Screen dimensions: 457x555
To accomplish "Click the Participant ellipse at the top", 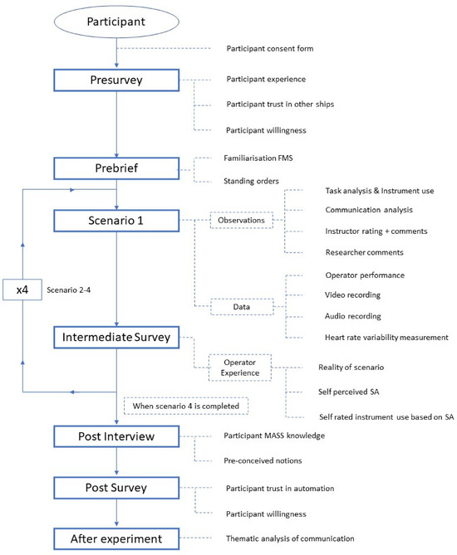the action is tap(116, 22).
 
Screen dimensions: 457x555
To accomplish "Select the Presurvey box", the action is tap(116, 80).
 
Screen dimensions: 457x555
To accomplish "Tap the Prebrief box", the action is tap(116, 168).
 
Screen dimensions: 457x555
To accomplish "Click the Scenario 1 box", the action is tap(116, 221).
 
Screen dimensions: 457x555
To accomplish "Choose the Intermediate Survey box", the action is tap(116, 338).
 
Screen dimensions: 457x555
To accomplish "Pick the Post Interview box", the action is tap(116, 436).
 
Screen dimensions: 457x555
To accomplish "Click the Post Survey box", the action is tap(116, 488).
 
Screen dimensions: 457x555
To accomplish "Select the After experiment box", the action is tap(116, 539).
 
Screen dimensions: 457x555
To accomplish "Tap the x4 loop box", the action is tap(22, 290).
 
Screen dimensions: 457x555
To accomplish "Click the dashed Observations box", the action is tap(242, 220).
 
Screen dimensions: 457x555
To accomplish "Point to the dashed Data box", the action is tap(242, 307).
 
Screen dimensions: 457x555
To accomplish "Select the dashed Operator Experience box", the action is tap(240, 368).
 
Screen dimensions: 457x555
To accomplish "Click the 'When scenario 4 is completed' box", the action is tap(186, 406).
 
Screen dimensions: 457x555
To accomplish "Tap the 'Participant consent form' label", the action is tap(270, 48).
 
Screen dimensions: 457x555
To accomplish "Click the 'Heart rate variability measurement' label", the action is tap(386, 338).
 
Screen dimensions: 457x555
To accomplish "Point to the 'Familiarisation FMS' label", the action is tap(258, 158).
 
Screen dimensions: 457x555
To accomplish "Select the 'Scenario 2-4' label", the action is tap(69, 290).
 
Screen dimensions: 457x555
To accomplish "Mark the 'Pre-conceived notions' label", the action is tap(263, 461).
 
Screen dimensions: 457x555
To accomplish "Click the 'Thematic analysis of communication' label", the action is tap(290, 538).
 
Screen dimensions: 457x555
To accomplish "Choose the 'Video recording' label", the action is tap(353, 295).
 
